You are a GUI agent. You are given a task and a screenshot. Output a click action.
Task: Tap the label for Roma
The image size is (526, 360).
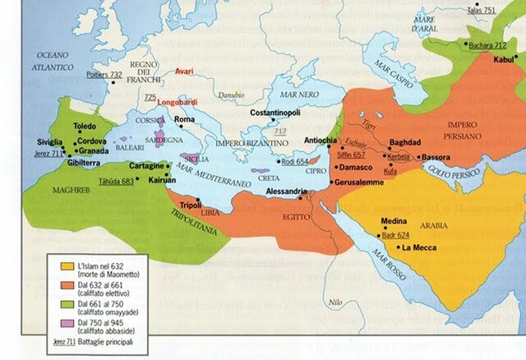click(x=184, y=120)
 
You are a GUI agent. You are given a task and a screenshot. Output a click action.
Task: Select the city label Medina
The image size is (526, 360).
click(x=395, y=221)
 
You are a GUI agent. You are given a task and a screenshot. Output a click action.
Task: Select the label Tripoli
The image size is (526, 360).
click(x=190, y=205)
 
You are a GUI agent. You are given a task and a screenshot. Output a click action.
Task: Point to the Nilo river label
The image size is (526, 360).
click(x=334, y=302)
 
